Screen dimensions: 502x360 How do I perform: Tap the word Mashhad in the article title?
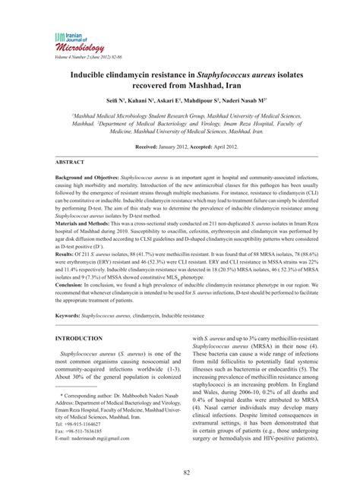click(231, 90)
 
